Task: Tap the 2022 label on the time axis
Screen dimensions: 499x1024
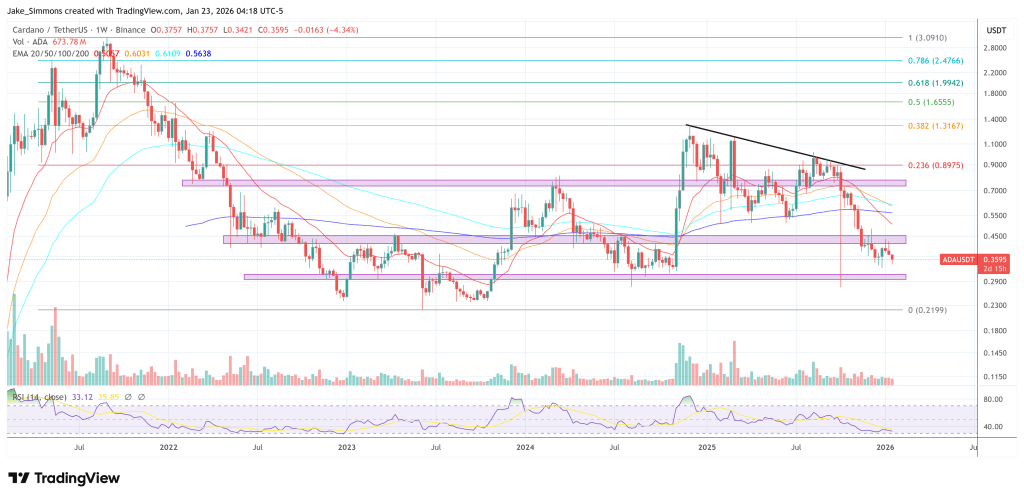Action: [x=168, y=450]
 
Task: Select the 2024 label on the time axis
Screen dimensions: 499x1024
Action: [x=524, y=450]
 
